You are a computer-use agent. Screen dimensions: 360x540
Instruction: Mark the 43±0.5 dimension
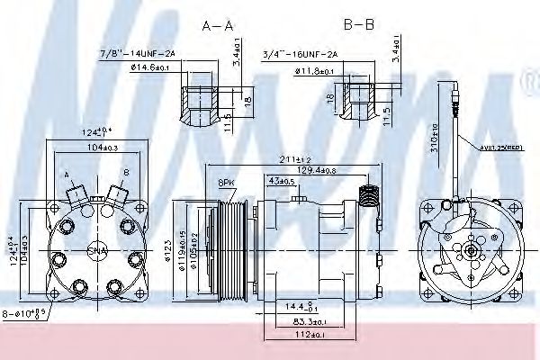pyautogui.click(x=282, y=181)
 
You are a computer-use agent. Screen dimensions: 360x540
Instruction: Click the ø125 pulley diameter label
pyautogui.click(x=170, y=244)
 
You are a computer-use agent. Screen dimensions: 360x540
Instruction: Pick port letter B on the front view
pyautogui.click(x=125, y=171)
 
